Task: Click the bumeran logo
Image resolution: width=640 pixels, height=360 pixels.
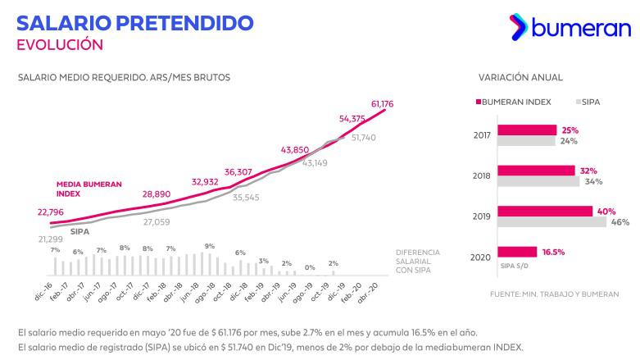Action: click(x=569, y=29)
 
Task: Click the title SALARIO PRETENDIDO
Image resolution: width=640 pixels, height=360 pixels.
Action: click(x=135, y=22)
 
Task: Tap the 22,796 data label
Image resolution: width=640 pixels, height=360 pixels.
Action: click(x=51, y=212)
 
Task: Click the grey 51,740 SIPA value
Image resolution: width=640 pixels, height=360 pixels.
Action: click(x=363, y=138)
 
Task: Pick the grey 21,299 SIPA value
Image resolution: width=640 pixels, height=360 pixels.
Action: click(x=50, y=239)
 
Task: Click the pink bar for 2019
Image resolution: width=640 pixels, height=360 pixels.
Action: click(x=544, y=212)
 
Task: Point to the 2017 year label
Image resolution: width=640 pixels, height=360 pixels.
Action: click(x=482, y=135)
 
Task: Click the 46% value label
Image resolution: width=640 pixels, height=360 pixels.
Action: click(x=620, y=222)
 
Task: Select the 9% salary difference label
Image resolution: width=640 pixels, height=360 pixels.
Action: click(x=210, y=246)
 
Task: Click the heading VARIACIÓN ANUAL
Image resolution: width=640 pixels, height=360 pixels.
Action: click(x=520, y=77)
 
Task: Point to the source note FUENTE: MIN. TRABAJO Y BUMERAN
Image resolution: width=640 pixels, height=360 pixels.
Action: click(x=554, y=294)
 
